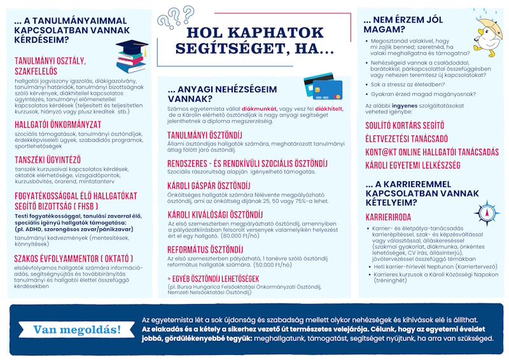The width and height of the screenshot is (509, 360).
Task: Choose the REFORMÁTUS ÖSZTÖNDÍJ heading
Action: [205, 251]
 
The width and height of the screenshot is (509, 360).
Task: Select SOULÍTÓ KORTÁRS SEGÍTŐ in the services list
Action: [405, 125]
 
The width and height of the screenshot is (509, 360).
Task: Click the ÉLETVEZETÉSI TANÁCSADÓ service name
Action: [407, 139]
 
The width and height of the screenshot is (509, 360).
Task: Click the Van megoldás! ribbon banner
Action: [76, 329]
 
